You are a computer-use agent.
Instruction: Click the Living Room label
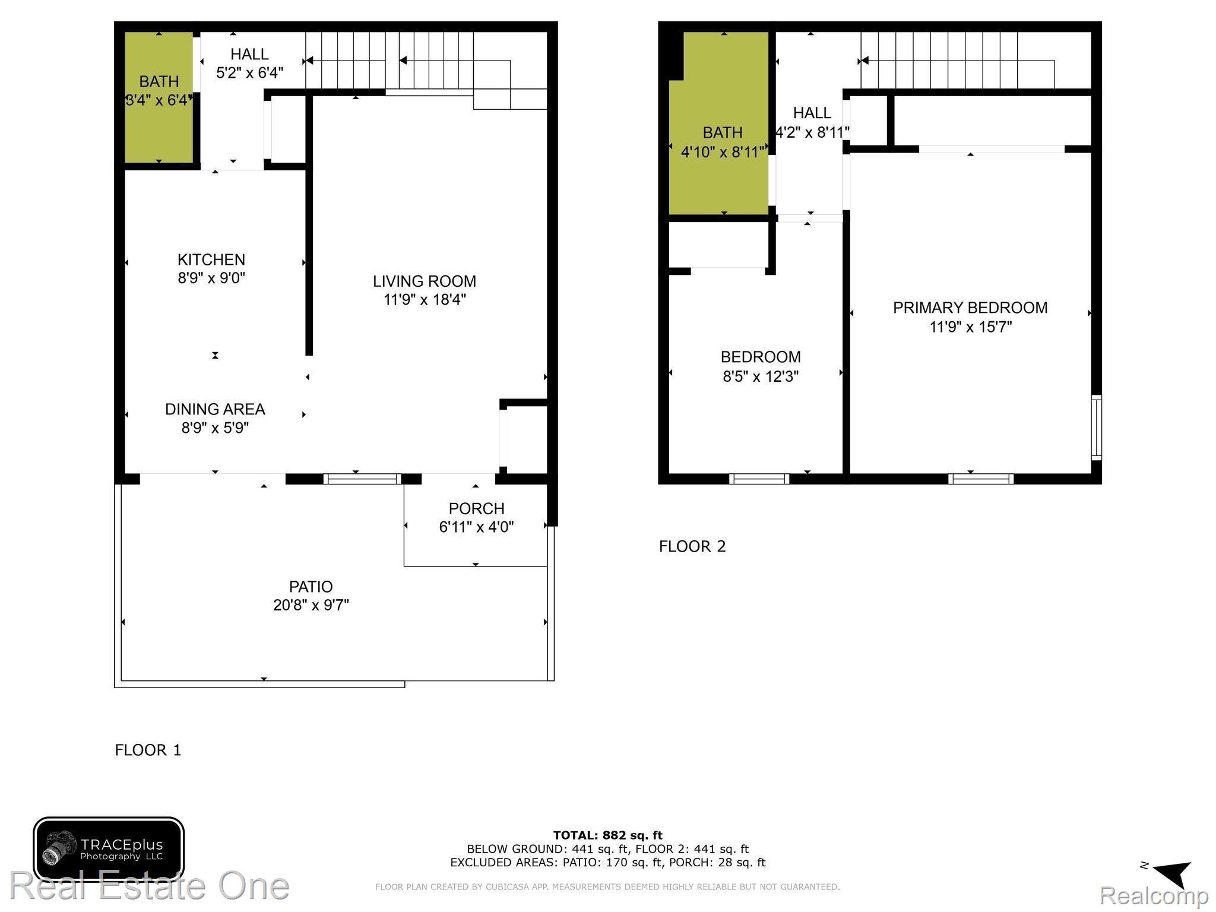pyautogui.click(x=424, y=281)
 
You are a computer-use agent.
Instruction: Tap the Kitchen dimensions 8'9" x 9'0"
pyautogui.click(x=211, y=278)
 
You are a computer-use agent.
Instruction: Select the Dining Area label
pyautogui.click(x=215, y=409)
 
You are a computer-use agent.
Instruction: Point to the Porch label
pyautogui.click(x=476, y=508)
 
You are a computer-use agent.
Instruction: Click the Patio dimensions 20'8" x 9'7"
pyautogui.click(x=311, y=605)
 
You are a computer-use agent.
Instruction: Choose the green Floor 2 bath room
pyautogui.click(x=721, y=178)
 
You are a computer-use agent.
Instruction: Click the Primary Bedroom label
pyautogui.click(x=970, y=308)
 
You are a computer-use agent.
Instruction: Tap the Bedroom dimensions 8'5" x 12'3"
pyautogui.click(x=760, y=376)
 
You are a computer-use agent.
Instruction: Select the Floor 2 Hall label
pyautogui.click(x=812, y=113)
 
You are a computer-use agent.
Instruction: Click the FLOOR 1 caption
pyautogui.click(x=148, y=750)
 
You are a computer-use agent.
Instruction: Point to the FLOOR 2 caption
pyautogui.click(x=692, y=546)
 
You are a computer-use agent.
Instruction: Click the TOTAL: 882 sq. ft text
pyautogui.click(x=607, y=835)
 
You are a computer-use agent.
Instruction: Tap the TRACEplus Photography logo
pyautogui.click(x=109, y=849)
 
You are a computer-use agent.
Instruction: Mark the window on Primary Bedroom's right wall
pyautogui.click(x=1097, y=427)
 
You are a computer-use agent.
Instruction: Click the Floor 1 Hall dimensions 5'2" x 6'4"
pyautogui.click(x=249, y=73)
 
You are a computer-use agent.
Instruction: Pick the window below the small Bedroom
pyautogui.click(x=759, y=479)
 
